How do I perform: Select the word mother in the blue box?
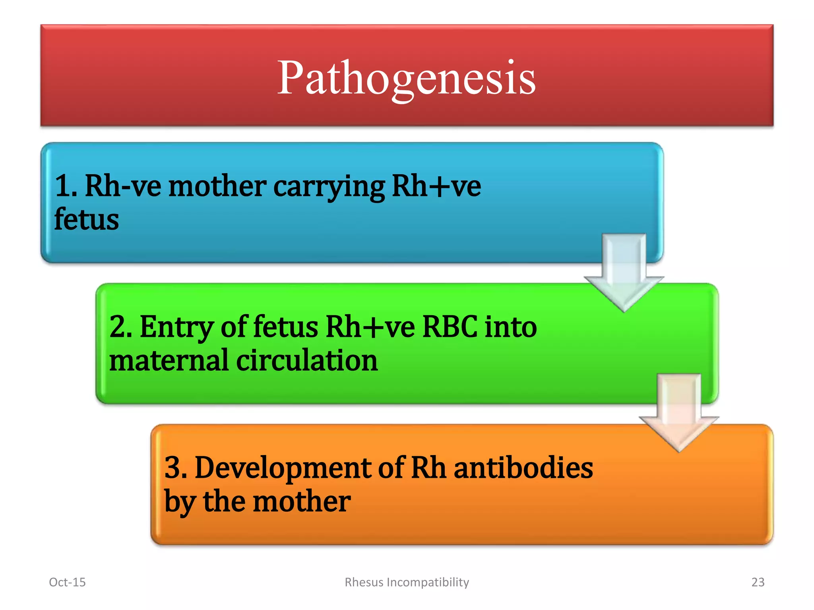(x=217, y=187)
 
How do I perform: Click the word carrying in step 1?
(x=329, y=187)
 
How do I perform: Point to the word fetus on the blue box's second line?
(x=87, y=220)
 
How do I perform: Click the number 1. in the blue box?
(x=66, y=187)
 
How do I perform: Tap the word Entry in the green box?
(x=176, y=327)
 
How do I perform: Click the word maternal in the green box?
(x=169, y=361)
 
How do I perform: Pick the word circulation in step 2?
(x=307, y=361)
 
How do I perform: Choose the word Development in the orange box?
(x=283, y=468)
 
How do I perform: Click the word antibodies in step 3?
(x=523, y=468)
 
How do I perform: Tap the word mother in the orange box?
(x=302, y=501)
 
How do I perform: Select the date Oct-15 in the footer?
(x=67, y=582)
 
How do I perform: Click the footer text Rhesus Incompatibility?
(x=407, y=582)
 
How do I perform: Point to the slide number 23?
(x=758, y=582)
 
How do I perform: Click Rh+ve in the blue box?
(x=436, y=187)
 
